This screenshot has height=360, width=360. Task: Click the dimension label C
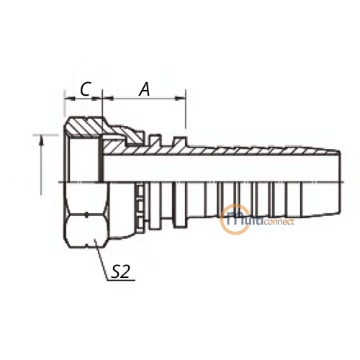86,89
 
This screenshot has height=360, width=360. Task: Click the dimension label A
145,89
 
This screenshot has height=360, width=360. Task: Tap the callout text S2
121,271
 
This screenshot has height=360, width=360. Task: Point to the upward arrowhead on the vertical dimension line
42,140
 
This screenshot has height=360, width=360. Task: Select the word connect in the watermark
279,221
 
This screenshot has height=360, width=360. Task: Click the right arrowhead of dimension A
180,98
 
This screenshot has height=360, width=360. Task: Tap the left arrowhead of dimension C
70,98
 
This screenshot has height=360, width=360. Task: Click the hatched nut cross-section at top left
85,126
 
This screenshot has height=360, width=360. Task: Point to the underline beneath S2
121,280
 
